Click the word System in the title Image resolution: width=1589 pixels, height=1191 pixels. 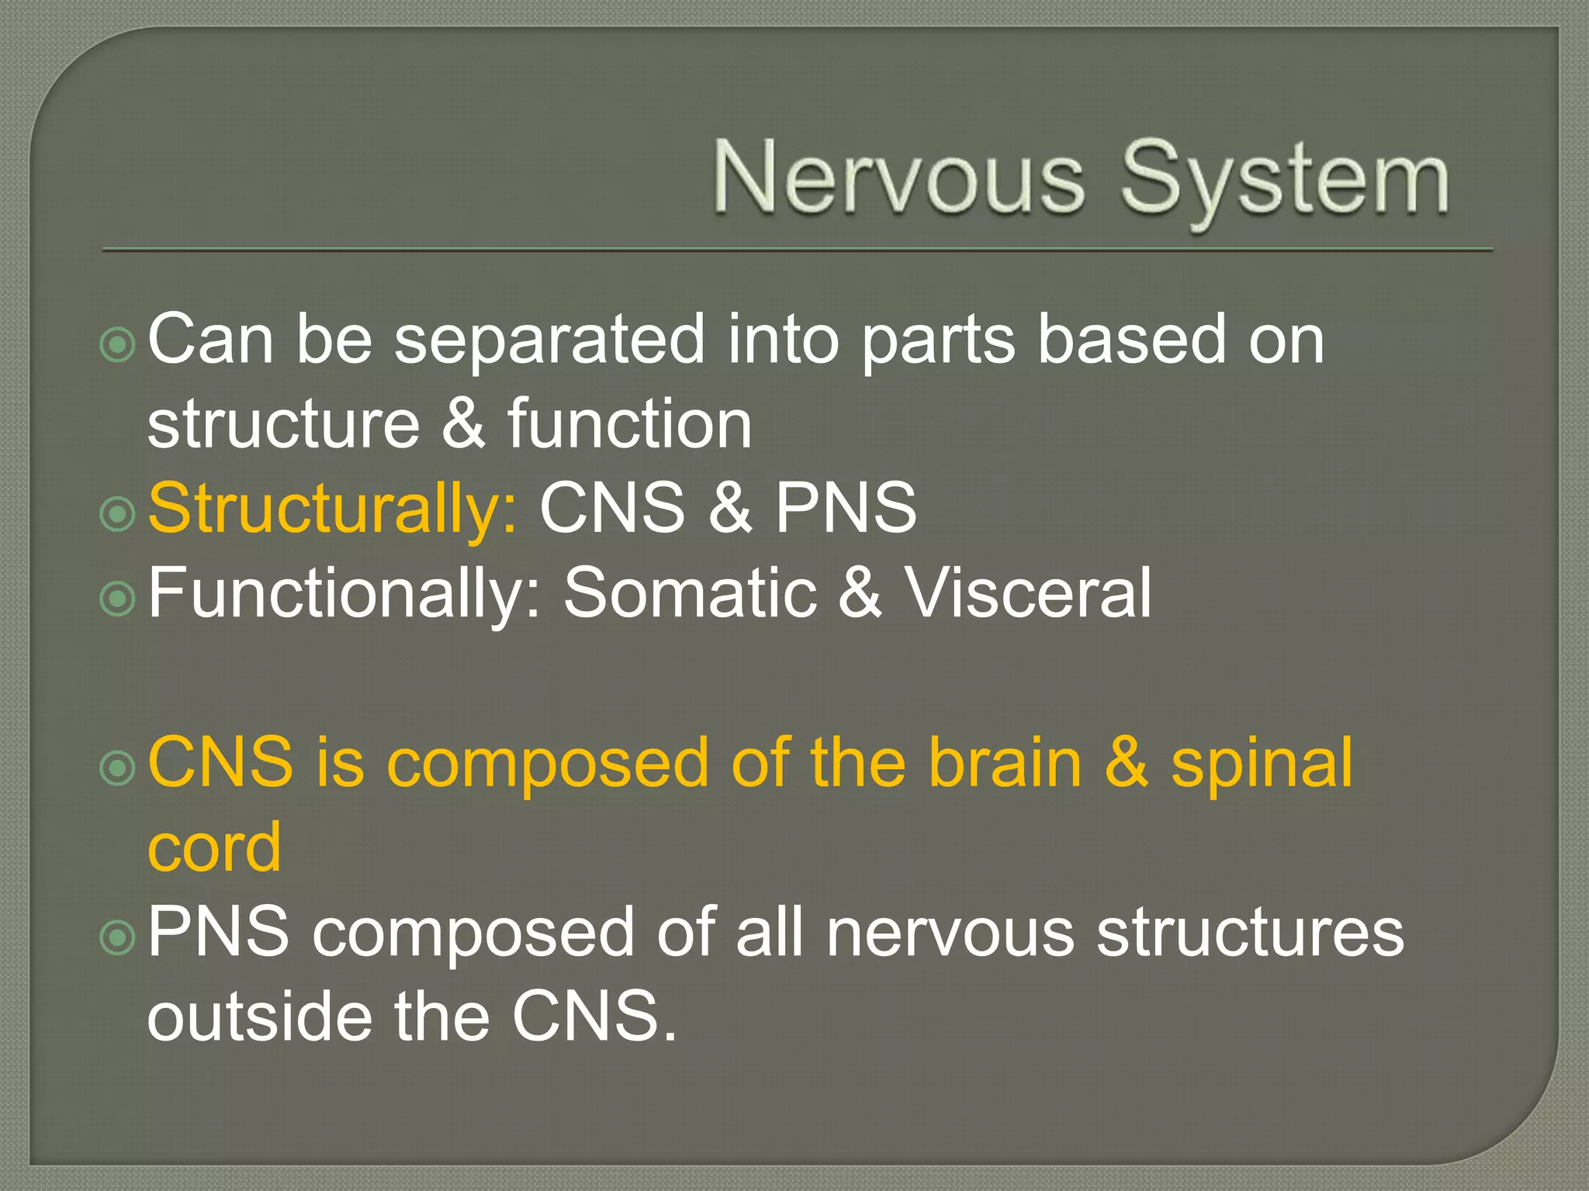(x=1284, y=180)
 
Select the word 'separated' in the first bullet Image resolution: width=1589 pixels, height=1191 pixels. (x=549, y=341)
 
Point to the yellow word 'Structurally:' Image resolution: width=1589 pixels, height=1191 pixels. (x=332, y=510)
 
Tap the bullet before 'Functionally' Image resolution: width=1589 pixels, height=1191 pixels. (x=118, y=598)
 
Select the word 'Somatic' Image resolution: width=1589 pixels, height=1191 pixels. (x=690, y=593)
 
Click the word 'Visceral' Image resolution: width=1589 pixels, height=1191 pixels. (x=1029, y=593)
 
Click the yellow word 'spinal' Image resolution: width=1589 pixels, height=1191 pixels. (x=1262, y=765)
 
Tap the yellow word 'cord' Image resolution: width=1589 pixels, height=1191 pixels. (x=214, y=848)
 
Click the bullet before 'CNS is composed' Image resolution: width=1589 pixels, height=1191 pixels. (x=118, y=768)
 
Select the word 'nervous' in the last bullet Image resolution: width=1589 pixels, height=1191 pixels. (x=950, y=933)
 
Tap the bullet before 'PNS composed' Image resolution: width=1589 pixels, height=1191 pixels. (x=118, y=937)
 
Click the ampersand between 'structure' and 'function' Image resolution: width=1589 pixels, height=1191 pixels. (x=464, y=424)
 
